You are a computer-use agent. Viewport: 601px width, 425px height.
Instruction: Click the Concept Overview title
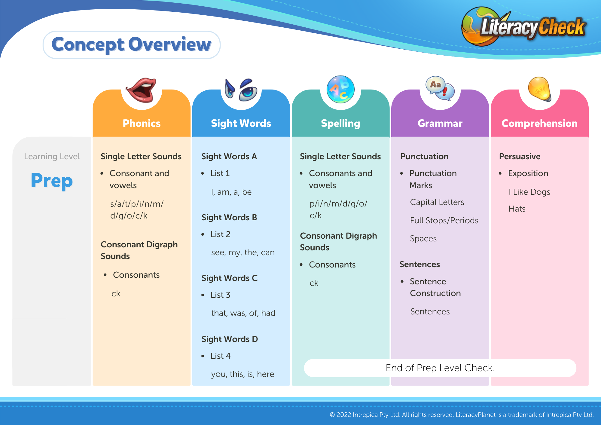point(131,44)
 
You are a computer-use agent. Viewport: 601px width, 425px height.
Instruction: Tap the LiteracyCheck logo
point(523,26)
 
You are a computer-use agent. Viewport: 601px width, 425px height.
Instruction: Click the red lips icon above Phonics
point(141,90)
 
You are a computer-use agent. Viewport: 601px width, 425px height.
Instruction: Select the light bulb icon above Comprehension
point(540,89)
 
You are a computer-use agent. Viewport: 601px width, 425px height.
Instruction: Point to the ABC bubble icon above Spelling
point(340,89)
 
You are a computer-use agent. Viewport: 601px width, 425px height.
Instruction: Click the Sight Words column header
point(241,123)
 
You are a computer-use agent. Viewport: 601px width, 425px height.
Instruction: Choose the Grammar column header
point(440,123)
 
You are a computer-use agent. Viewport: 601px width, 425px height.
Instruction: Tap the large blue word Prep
point(52,181)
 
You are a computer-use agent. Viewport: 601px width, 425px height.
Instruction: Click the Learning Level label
point(52,156)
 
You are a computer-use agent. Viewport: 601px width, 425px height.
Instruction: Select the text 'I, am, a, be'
point(231,192)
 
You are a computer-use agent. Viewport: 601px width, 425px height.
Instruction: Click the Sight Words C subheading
point(230,278)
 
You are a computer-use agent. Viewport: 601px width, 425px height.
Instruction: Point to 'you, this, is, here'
point(243,374)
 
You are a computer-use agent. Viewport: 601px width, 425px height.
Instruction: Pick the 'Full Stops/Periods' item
point(444,220)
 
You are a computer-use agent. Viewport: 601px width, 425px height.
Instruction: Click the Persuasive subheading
point(520,156)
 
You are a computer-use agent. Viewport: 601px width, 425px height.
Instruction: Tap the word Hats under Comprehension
point(517,209)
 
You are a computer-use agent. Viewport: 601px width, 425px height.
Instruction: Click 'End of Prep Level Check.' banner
point(440,368)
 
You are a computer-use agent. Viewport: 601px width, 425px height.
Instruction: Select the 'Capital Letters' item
point(437,202)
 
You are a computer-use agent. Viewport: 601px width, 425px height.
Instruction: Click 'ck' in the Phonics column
point(116,293)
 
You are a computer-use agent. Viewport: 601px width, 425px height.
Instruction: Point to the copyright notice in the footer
point(462,415)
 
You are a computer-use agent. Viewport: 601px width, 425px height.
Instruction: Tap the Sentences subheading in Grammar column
point(419,264)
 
